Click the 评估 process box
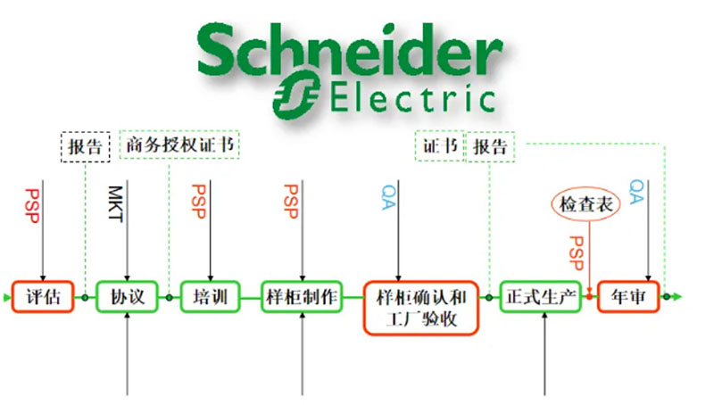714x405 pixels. [x=43, y=296]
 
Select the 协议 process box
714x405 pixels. [x=127, y=296]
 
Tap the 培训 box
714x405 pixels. [x=210, y=296]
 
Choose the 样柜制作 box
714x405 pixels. [x=302, y=296]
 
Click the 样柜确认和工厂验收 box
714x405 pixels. [x=420, y=308]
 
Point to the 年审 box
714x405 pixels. [x=627, y=296]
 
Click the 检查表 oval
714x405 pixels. [x=585, y=205]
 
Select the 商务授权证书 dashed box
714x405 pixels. [x=181, y=145]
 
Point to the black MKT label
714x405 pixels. [x=114, y=205]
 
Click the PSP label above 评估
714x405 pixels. [x=32, y=206]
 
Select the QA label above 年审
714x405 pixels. [x=636, y=192]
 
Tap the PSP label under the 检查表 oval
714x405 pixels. [x=577, y=253]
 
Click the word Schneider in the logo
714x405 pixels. [x=349, y=52]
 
